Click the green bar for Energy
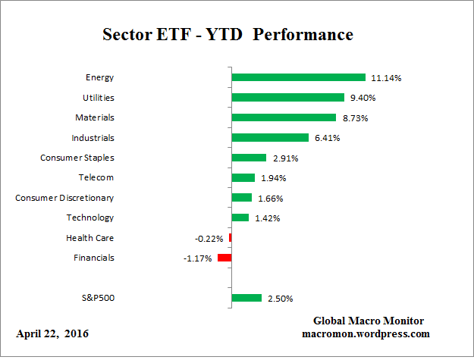point(298,77)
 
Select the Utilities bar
point(287,97)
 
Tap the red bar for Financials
point(224,258)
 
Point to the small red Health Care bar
point(230,238)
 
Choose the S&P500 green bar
point(246,298)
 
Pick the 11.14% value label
point(385,77)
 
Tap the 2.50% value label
point(279,299)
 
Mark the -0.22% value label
point(209,238)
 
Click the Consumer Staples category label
point(77,158)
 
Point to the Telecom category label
point(96,177)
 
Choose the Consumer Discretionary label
point(64,198)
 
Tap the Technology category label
point(90,218)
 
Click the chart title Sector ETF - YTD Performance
point(228,36)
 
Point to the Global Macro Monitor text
point(368,321)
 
